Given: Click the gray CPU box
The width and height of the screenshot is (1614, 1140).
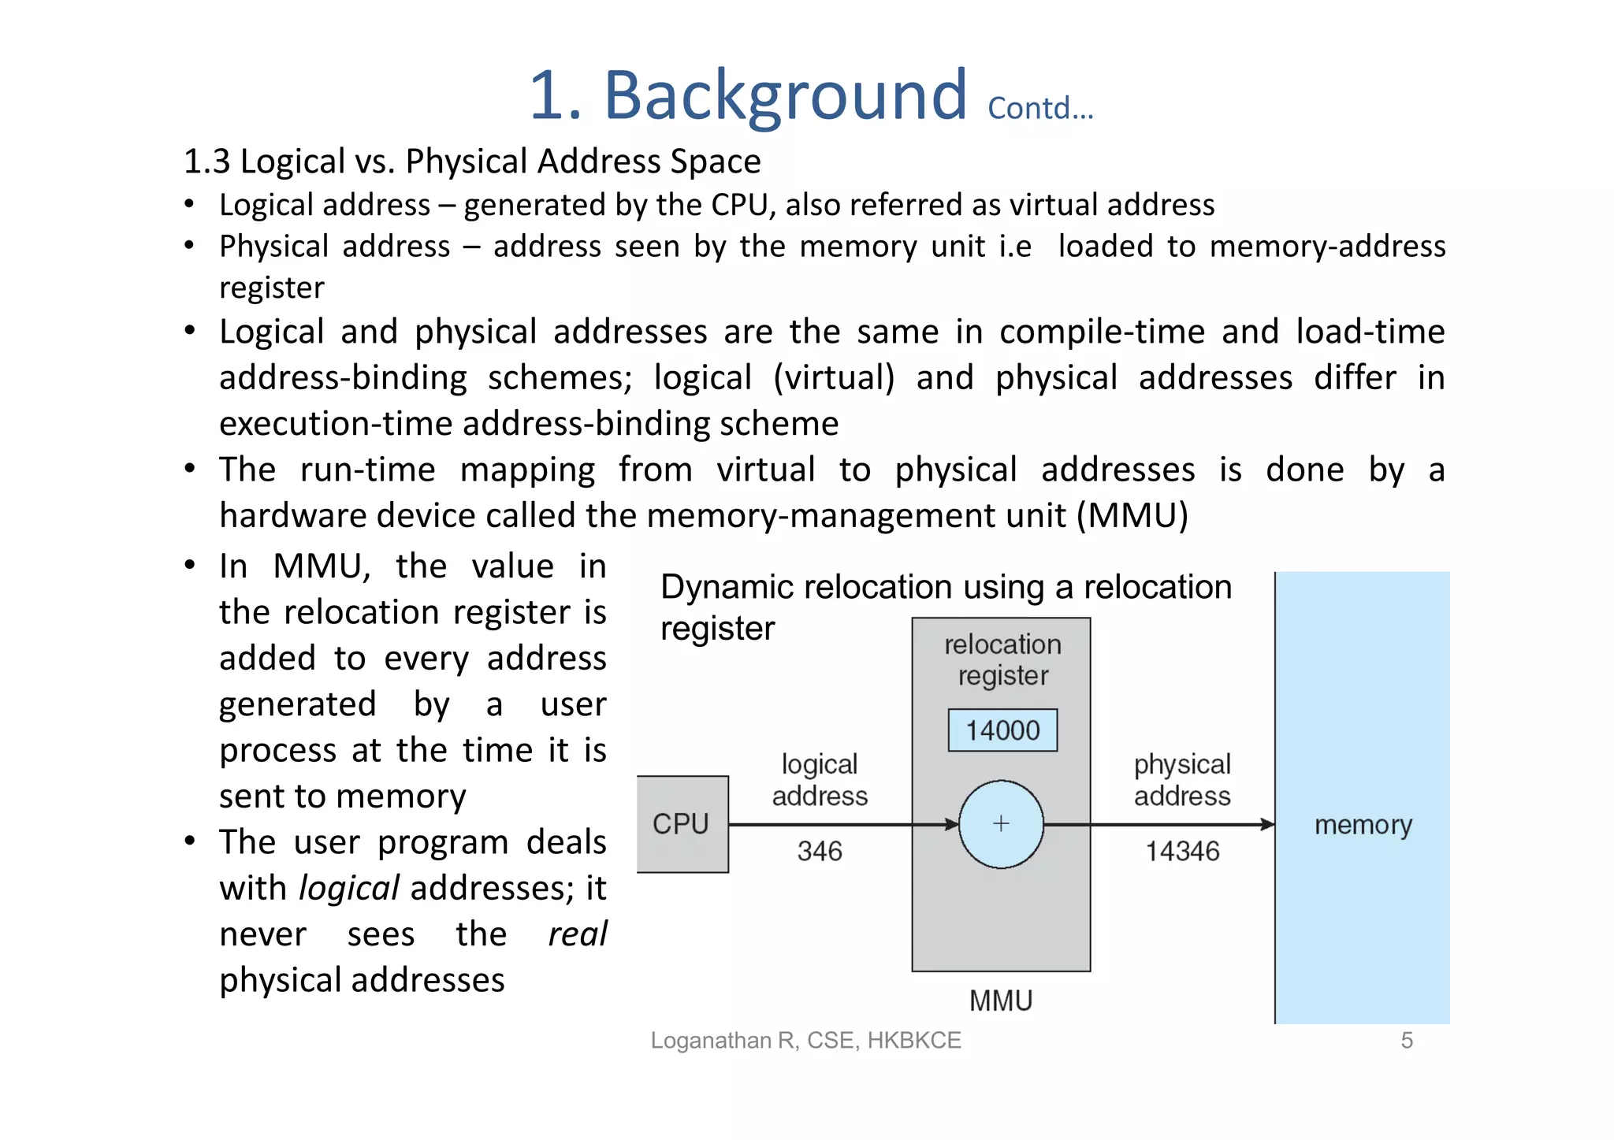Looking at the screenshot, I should pos(682,824).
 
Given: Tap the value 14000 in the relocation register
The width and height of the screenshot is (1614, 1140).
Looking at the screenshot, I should pos(1002,730).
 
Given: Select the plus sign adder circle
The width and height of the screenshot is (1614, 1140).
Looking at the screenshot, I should pos(1001,824).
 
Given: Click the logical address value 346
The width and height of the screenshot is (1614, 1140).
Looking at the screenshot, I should pos(820,851).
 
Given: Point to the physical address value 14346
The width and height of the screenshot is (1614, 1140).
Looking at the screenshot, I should pos(1182,851).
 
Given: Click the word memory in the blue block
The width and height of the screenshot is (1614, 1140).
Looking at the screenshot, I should pos(1363,825).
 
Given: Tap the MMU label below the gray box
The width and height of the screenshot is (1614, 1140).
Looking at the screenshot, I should pos(1001,1001).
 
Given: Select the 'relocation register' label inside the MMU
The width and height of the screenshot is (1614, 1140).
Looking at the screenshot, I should pos(1002,660).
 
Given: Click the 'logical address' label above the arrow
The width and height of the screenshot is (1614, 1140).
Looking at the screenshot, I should pos(820,780).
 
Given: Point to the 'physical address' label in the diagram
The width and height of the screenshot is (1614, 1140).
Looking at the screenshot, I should pos(1182,780).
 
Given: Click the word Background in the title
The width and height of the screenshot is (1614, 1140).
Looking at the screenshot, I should pos(785,95).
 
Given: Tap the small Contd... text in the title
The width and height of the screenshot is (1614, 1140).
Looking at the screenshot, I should pos(1040,109).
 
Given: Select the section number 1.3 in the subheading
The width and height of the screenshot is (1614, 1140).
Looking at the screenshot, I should pos(206,162).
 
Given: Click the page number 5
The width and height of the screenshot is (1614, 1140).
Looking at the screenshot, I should pos(1407,1040).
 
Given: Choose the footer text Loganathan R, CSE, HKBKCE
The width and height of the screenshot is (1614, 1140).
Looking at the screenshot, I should pos(805,1040).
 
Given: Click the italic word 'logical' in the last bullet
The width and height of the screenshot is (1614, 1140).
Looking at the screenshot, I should pos(349,889).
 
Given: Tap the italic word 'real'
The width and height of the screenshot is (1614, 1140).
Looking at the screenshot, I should pos(578,934).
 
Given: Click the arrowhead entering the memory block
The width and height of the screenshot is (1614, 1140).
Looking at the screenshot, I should pos(1267,825).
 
